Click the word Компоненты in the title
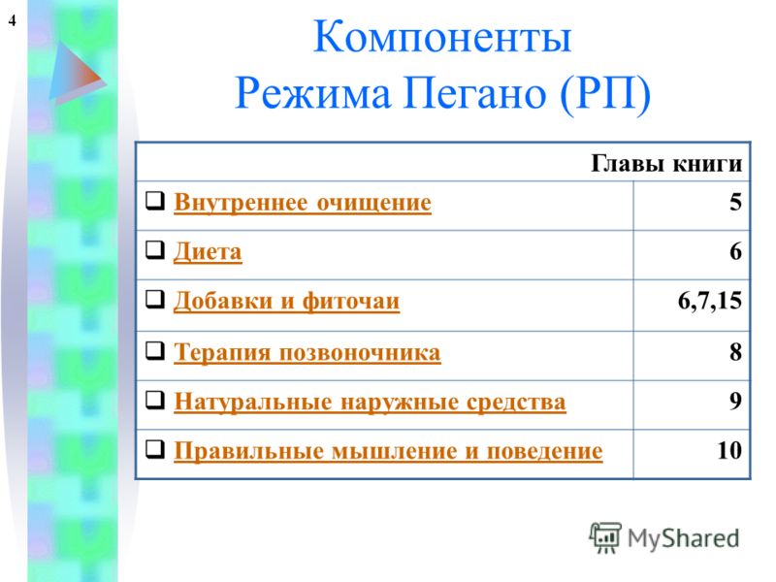(x=442, y=37)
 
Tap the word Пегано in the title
(x=475, y=94)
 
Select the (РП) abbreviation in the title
(x=605, y=94)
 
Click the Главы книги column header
(x=666, y=163)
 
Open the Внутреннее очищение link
(x=303, y=203)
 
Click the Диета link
(x=208, y=252)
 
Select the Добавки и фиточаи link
(x=286, y=302)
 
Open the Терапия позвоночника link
(x=307, y=353)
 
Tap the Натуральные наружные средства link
(x=370, y=402)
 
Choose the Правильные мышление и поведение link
(x=388, y=451)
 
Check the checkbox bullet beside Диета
(x=155, y=250)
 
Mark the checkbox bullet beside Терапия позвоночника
(x=155, y=351)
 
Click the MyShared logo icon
(x=605, y=537)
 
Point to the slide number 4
(x=13, y=20)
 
